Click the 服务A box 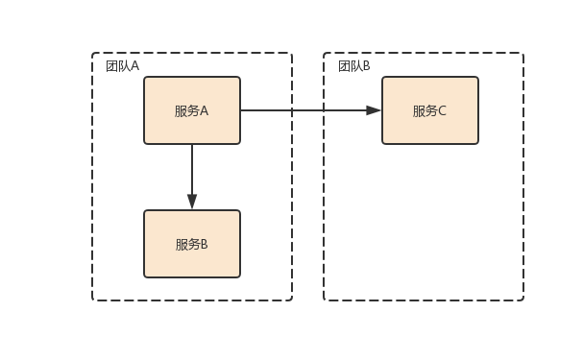[192, 110]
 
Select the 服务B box [192, 244]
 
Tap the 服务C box [429, 110]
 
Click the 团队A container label [122, 65]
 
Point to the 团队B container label [354, 65]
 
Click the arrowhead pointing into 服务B [192, 202]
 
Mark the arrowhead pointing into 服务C [374, 110]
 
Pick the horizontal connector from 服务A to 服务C [307, 110]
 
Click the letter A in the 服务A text [204, 110]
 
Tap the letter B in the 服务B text [204, 244]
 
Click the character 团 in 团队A [111, 65]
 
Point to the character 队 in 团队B [355, 65]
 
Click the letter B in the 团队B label [366, 65]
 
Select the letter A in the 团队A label [134, 65]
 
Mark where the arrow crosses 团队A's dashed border [292, 110]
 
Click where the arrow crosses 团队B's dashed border [324, 110]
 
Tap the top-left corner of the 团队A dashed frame [93, 54]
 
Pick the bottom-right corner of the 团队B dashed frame [523, 300]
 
